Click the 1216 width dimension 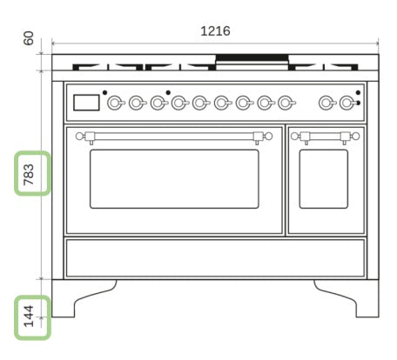215,30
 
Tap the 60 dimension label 29,38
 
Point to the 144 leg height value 29,318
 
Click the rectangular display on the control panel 86,103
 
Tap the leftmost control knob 115,103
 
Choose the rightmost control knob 347,103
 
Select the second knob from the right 326,103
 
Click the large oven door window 174,178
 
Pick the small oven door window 323,178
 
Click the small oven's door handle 324,136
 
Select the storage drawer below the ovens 215,258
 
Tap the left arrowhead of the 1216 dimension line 54,42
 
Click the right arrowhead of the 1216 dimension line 377,42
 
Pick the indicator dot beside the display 104,92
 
